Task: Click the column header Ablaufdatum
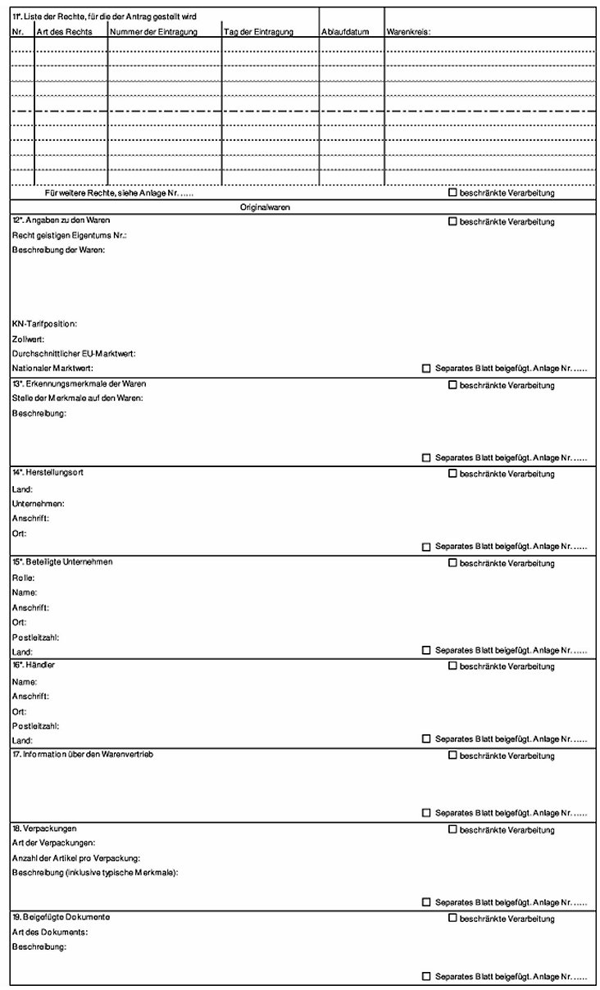tap(345, 32)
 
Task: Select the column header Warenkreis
tap(408, 32)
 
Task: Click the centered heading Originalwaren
tap(265, 207)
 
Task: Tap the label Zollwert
tap(28, 338)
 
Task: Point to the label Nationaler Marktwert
tap(52, 369)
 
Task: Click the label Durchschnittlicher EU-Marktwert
tap(74, 353)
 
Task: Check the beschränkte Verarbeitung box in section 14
tap(452, 474)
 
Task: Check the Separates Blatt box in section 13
tap(425, 457)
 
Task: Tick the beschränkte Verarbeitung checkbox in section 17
tap(452, 755)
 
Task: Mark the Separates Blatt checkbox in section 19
tap(425, 976)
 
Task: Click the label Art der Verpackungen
tap(54, 842)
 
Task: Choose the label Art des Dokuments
tap(49, 932)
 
